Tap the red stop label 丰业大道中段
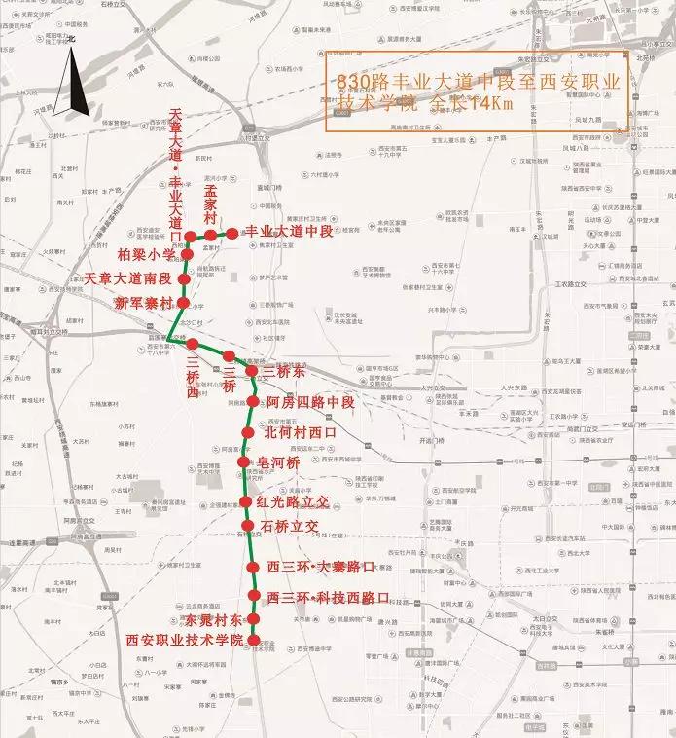(287, 231)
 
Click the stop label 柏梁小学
(146, 254)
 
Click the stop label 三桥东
(283, 371)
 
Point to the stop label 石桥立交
(291, 526)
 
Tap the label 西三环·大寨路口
(321, 567)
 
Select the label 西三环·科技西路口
(328, 596)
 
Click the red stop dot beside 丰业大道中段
(233, 233)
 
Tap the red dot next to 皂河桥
(244, 461)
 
